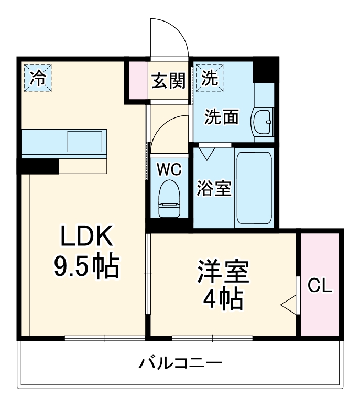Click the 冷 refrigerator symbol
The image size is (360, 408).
pos(37,78)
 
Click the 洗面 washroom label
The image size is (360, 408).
pos(222,117)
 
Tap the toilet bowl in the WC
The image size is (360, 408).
pos(169,197)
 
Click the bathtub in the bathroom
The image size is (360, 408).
pos(254,188)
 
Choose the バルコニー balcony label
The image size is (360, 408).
pos(180,363)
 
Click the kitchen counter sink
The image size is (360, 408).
pos(84,142)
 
